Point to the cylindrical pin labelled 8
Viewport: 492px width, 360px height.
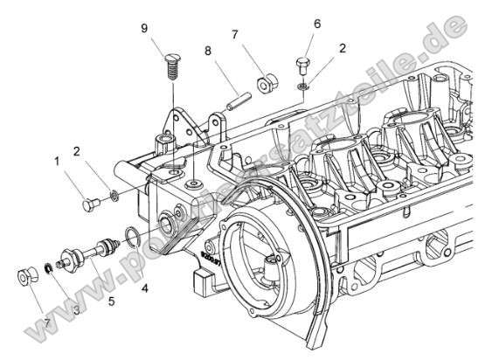click(x=235, y=96)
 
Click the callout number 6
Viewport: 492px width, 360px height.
click(x=317, y=24)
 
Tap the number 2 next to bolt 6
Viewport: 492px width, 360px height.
click(x=343, y=48)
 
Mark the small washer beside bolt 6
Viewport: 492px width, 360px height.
click(x=302, y=87)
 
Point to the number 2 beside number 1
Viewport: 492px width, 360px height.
click(x=80, y=152)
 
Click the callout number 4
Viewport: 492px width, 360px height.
click(x=144, y=287)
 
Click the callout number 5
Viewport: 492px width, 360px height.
click(x=110, y=303)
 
